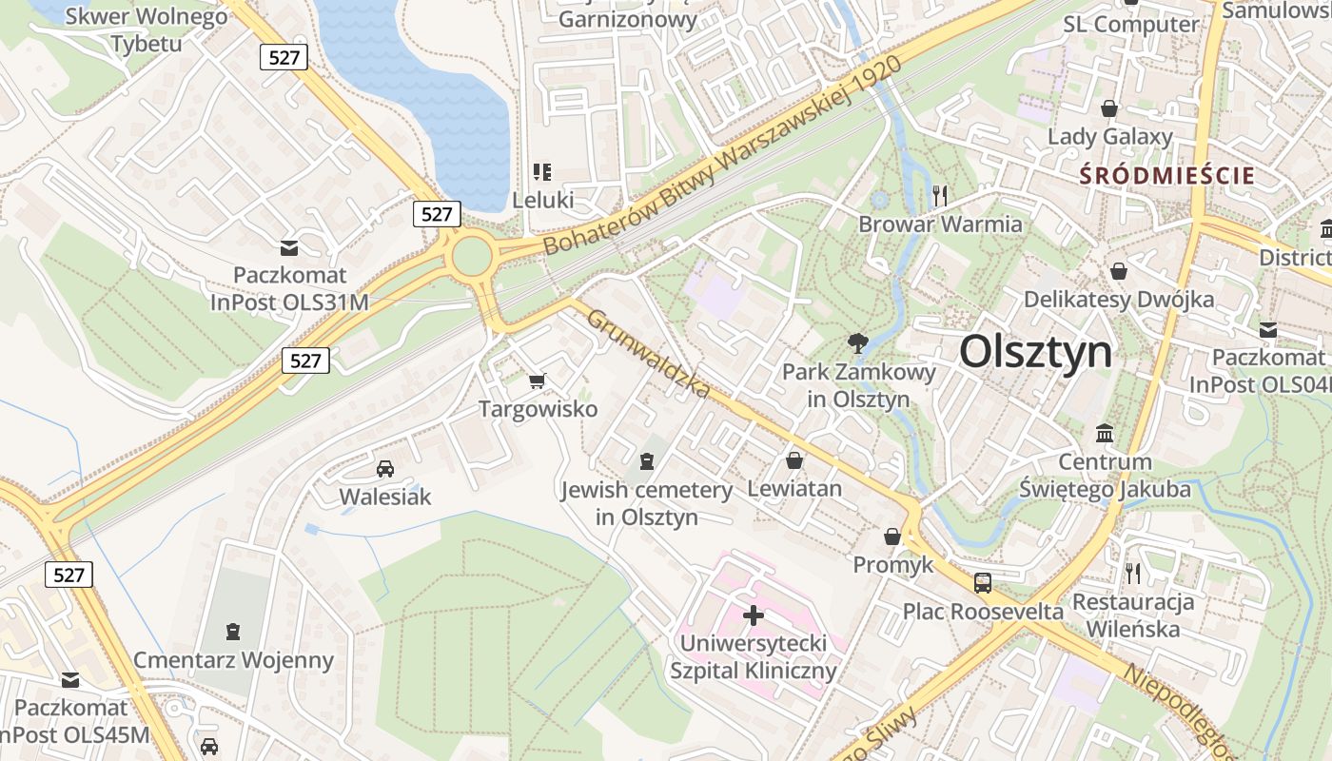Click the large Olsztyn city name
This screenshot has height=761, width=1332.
tap(1035, 352)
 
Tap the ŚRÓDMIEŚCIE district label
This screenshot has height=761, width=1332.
tap(1167, 176)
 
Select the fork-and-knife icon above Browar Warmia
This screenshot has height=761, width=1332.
tap(940, 196)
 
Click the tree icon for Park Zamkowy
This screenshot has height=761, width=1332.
tap(858, 343)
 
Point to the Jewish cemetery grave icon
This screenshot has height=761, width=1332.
tap(647, 462)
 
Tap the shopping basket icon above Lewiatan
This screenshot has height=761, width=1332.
tap(794, 460)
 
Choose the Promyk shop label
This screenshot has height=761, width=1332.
tap(893, 565)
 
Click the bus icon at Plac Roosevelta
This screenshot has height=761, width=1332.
tap(983, 582)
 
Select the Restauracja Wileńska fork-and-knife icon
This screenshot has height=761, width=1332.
tap(1132, 573)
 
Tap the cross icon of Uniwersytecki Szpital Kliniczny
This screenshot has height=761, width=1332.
tap(754, 615)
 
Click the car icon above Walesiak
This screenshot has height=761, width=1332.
tap(385, 468)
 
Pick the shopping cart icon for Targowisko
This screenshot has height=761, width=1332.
tap(538, 381)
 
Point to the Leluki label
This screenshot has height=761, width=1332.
tap(543, 201)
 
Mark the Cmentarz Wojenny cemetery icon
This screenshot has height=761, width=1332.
tap(233, 632)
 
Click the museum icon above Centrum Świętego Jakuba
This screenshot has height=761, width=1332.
tap(1105, 434)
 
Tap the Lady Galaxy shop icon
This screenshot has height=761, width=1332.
tap(1108, 108)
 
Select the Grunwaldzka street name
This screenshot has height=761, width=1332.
tap(649, 354)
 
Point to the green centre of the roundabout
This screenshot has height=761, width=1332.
tap(471, 257)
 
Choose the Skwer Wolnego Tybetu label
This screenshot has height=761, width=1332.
tap(147, 29)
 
